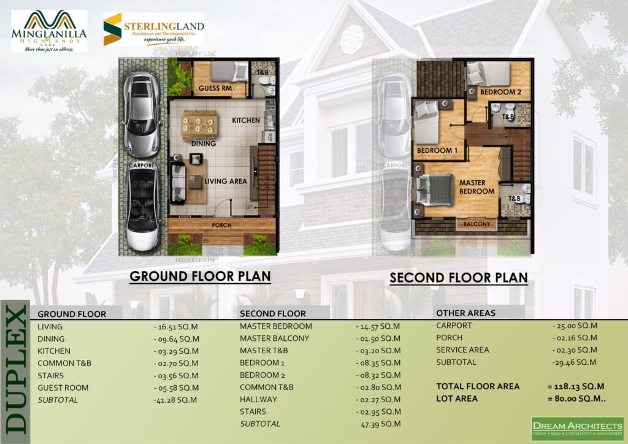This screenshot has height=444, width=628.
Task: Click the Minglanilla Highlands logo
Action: coord(49,31)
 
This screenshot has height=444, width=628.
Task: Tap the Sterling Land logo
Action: coord(153,29)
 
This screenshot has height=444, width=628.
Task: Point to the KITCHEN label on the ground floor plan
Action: coord(246,120)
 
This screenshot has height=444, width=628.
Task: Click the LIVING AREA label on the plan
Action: coord(226,181)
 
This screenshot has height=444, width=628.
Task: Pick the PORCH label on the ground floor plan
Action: coord(221,224)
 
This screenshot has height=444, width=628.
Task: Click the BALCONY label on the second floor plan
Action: coord(477,224)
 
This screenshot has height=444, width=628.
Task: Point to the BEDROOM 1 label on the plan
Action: coord(437,150)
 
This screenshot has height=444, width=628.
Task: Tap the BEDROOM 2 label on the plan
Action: coord(500,92)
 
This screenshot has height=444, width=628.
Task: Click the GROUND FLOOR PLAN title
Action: coord(200,276)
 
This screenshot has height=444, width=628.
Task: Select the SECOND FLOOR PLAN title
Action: coord(459,278)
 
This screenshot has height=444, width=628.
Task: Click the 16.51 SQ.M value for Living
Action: coord(176,327)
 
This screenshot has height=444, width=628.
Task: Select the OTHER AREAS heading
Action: coord(466,313)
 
